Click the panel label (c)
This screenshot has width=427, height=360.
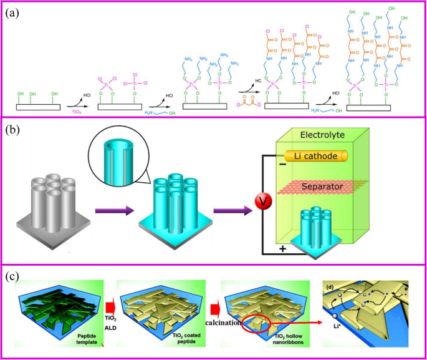click(x=14, y=275)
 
